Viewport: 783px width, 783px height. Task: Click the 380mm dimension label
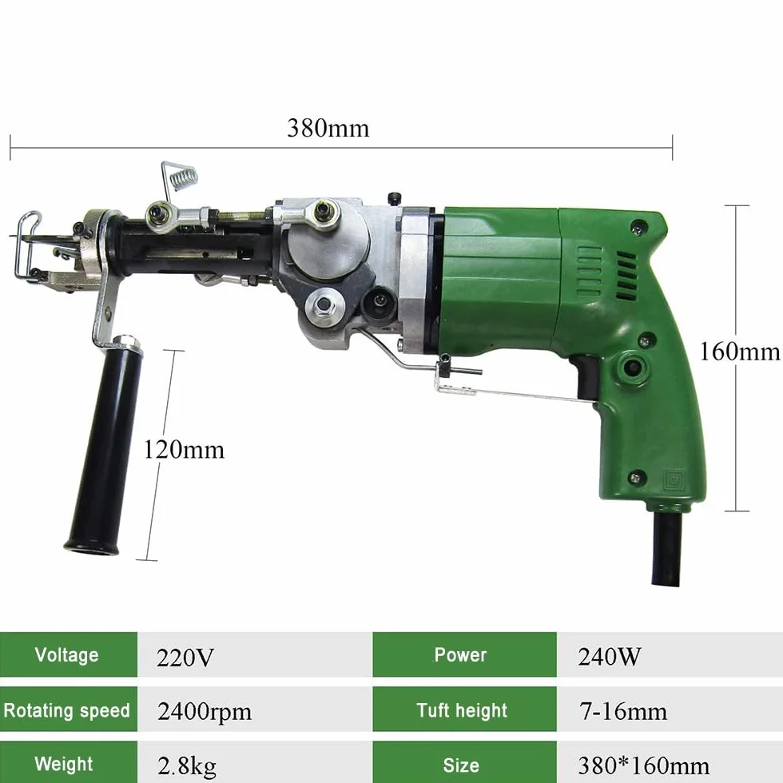328,129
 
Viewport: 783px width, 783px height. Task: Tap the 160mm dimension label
740,352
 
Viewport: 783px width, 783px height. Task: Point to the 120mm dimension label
184,450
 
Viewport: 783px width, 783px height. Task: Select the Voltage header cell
69,654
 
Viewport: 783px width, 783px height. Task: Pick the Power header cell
464,654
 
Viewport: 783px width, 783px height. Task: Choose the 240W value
609,657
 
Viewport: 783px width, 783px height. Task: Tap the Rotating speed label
67,710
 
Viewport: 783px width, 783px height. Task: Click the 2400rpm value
205,712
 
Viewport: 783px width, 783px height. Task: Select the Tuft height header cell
464,709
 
